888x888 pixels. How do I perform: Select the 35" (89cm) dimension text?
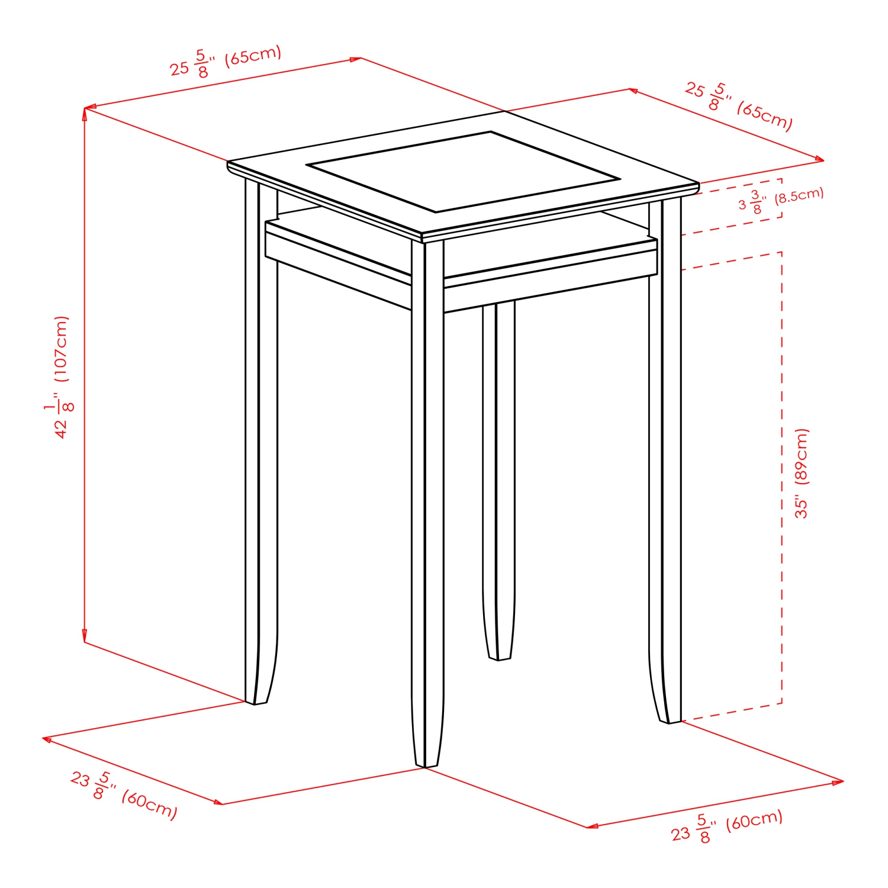pyautogui.click(x=801, y=473)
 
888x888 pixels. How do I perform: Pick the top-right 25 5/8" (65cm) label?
pyautogui.click(x=739, y=107)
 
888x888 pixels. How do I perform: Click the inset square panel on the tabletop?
pyautogui.click(x=463, y=172)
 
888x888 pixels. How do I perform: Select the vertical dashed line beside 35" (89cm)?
pyautogui.click(x=782, y=474)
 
